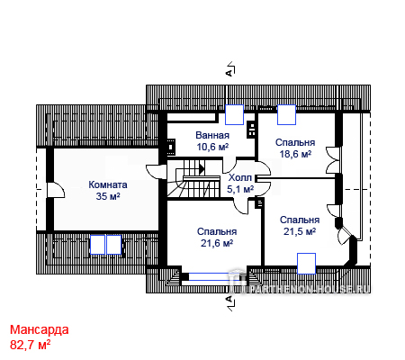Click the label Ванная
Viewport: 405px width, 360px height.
(212, 135)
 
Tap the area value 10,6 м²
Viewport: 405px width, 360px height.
(212, 147)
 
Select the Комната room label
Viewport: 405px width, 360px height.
(108, 184)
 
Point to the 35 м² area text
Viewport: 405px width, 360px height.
(108, 196)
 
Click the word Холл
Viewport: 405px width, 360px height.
(240, 177)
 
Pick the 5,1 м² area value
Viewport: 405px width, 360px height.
(240, 189)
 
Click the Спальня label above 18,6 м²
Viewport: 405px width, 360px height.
(295, 142)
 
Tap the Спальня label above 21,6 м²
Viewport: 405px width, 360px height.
(217, 231)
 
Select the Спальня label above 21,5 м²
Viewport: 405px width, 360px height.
(300, 220)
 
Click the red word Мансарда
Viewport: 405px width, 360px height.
(40, 329)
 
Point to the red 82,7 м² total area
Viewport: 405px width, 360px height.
(30, 345)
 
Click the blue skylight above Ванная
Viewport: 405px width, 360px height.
(234, 114)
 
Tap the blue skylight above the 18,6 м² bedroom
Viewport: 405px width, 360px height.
(286, 114)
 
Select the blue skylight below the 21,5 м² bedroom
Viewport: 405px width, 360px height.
(306, 264)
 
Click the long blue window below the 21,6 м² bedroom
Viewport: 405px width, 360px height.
(215, 276)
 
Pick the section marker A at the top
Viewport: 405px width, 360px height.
(229, 72)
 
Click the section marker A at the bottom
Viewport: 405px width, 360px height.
(229, 299)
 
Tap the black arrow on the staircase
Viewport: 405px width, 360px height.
(202, 169)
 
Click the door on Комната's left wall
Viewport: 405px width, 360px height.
(56, 190)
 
